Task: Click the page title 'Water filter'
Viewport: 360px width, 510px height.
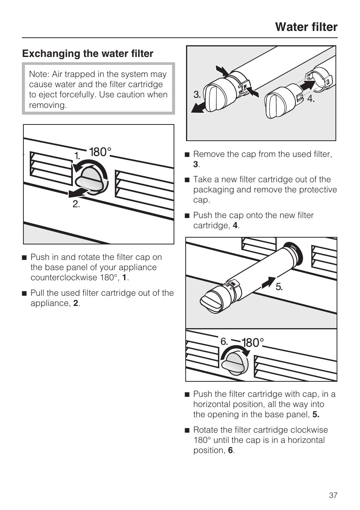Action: click(x=306, y=27)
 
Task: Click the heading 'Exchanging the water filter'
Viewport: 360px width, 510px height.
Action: click(x=88, y=54)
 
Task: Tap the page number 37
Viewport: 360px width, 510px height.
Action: click(x=333, y=495)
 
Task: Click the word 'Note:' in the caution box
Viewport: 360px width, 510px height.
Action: click(x=39, y=74)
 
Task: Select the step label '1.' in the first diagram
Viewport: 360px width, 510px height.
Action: click(x=77, y=155)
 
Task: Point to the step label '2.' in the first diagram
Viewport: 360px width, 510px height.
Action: click(x=76, y=204)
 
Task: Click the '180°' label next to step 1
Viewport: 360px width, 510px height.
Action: click(x=100, y=152)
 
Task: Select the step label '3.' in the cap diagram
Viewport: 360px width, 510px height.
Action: click(x=197, y=95)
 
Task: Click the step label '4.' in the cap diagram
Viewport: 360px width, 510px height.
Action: click(x=311, y=99)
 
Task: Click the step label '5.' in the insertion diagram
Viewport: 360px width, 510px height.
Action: click(x=279, y=287)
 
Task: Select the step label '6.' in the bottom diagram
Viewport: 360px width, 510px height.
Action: click(x=224, y=341)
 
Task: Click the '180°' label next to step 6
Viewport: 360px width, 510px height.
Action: click(x=252, y=343)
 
